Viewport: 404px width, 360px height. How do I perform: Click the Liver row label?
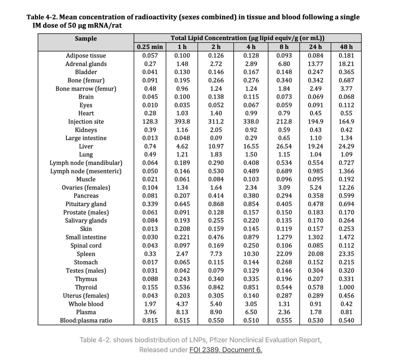coord(86,146)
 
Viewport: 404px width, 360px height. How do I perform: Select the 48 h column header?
coord(346,47)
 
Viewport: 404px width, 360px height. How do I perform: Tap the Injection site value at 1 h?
coord(182,122)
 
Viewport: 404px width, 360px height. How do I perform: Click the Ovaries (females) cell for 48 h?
coord(346,188)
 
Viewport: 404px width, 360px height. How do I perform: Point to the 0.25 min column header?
coord(150,47)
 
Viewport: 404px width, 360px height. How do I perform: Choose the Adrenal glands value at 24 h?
coord(315,64)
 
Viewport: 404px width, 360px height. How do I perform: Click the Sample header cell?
coord(86,38)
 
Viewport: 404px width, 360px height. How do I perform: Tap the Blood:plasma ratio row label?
coord(86,321)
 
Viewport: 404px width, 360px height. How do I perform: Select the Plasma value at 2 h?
coord(216,312)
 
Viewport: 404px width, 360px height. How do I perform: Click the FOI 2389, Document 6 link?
coord(226,350)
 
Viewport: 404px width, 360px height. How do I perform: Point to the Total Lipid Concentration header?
coord(247,38)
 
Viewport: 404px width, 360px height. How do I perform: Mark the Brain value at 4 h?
coord(251,97)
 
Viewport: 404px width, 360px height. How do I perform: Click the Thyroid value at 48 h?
coord(346,287)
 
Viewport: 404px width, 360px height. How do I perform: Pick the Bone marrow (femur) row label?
coord(86,89)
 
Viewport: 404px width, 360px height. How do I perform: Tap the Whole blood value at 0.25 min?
coord(150,304)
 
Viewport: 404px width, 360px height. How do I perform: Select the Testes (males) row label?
coord(86,271)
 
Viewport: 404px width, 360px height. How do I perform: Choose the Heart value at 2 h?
coord(216,113)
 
